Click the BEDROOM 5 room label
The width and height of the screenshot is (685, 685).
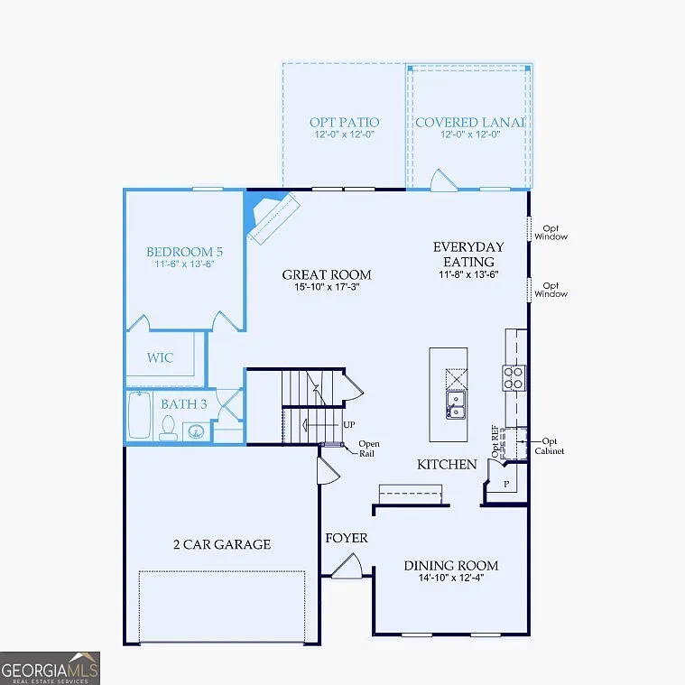[x=185, y=252]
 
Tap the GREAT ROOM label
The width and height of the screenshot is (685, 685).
[x=326, y=275]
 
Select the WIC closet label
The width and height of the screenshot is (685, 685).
[x=161, y=357]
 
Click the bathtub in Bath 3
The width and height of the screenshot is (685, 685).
[x=139, y=416]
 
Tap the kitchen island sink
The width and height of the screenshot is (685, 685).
[x=456, y=405]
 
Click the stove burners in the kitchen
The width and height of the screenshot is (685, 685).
[x=514, y=377]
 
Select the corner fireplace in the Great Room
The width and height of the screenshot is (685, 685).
[x=271, y=218]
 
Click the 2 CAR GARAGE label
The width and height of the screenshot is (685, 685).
[x=221, y=544]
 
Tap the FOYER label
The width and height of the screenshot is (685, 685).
[x=347, y=538]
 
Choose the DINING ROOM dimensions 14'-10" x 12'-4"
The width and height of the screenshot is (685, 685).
[x=450, y=579]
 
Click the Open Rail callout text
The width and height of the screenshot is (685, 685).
[x=368, y=448]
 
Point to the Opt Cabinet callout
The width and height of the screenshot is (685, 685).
[x=549, y=446]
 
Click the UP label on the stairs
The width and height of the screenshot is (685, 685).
[x=347, y=424]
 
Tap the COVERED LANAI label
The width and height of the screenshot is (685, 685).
[x=469, y=122]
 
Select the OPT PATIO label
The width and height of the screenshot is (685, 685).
[x=344, y=122]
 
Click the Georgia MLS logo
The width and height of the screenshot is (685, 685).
[x=50, y=668]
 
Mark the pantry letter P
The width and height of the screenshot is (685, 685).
[x=506, y=484]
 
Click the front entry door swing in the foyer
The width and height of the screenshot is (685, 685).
[x=347, y=567]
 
